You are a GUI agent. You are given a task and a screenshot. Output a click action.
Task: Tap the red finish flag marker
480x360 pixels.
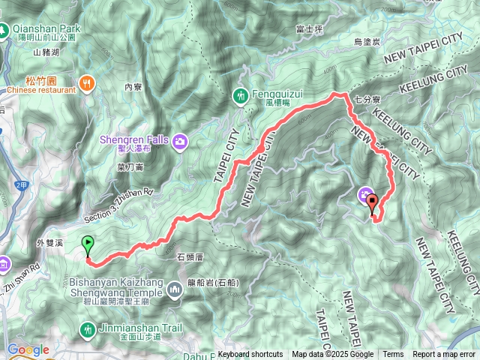coord(372,202)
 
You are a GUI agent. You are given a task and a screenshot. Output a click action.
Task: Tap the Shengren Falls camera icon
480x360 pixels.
coord(180,140)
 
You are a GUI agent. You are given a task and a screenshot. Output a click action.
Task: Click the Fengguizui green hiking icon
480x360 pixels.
coord(240,95)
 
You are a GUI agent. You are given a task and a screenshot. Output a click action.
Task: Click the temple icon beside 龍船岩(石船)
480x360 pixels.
coord(175,289)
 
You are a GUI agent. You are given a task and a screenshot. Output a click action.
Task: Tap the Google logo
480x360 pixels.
coord(28,349)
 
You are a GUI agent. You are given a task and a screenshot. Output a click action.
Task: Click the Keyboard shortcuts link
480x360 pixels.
coord(250,355)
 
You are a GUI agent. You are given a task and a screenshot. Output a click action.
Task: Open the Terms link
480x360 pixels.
coord(393,355)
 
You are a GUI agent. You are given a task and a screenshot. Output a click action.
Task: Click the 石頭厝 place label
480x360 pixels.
coord(190,257)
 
